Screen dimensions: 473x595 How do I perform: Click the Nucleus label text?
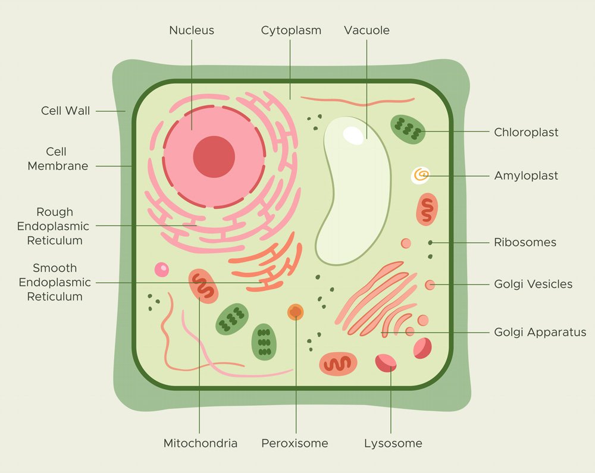coord(191,30)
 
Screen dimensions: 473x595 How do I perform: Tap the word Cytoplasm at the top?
coord(291,30)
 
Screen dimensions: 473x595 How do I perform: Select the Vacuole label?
coord(367,30)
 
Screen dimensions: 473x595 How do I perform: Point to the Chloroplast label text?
coord(526,132)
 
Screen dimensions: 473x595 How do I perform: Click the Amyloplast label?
coord(526,176)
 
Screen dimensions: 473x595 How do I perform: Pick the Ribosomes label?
coord(525,242)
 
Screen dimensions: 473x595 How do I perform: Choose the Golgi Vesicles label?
coord(533,284)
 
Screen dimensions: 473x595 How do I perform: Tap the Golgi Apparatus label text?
coord(540,332)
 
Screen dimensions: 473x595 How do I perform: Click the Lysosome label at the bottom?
coord(393,443)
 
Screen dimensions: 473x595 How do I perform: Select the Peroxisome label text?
coord(295,443)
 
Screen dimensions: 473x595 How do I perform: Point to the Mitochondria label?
coord(201,443)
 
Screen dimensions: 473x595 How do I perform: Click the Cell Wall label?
coord(65,111)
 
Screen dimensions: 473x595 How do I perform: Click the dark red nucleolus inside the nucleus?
coord(214,157)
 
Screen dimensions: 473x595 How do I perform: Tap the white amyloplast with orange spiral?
coord(421,175)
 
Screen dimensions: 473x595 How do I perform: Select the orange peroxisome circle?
coord(295,312)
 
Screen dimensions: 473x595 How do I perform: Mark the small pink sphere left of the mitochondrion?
coord(161,270)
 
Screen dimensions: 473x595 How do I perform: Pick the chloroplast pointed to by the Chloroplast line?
coord(408,129)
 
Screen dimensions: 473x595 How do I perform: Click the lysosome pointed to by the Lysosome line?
coord(386,362)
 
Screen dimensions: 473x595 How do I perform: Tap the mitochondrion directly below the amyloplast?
coord(427,209)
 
